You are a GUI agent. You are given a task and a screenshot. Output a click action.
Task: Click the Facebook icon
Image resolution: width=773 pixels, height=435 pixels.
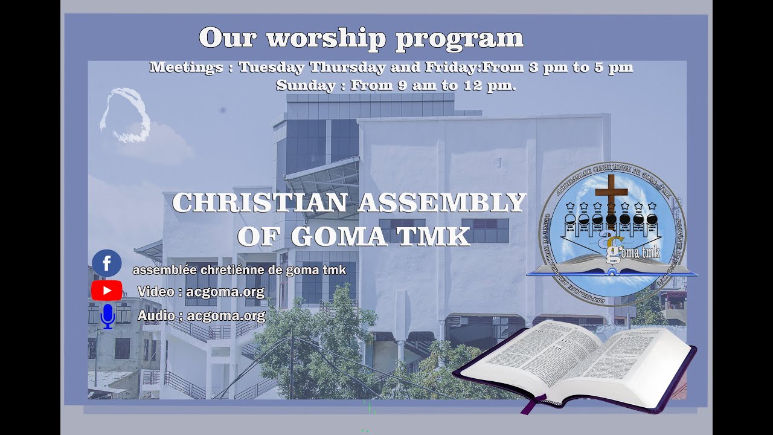[x=107, y=263]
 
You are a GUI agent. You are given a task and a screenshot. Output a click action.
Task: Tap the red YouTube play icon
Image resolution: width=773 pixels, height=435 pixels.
[x=107, y=291]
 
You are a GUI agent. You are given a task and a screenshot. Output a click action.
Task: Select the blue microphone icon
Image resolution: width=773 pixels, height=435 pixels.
[x=107, y=316]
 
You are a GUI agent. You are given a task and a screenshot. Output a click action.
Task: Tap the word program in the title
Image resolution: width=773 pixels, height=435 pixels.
[x=460, y=38]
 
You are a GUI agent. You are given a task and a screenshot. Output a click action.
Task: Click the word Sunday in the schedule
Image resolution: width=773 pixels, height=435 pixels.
[x=306, y=85]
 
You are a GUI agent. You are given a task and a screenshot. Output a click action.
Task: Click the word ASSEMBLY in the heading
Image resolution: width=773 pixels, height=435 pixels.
[x=441, y=203]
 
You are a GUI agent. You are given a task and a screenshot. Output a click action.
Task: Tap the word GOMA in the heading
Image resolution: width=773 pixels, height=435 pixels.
[x=338, y=236]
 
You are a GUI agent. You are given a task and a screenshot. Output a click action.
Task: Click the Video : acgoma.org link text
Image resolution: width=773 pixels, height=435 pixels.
[x=201, y=292]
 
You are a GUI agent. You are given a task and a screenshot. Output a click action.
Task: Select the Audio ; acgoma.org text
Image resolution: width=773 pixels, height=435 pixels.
[x=201, y=315]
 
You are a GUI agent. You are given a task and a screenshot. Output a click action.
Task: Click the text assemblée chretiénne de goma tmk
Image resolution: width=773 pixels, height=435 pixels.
[x=239, y=270]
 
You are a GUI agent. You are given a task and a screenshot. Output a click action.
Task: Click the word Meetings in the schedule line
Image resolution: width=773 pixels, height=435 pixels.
[x=186, y=67]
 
